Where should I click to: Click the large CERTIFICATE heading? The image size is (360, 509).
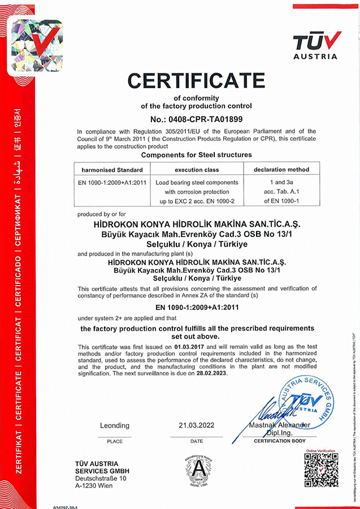[196, 81]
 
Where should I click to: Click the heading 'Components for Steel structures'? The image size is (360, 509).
[196, 154]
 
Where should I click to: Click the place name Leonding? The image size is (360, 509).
[115, 425]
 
